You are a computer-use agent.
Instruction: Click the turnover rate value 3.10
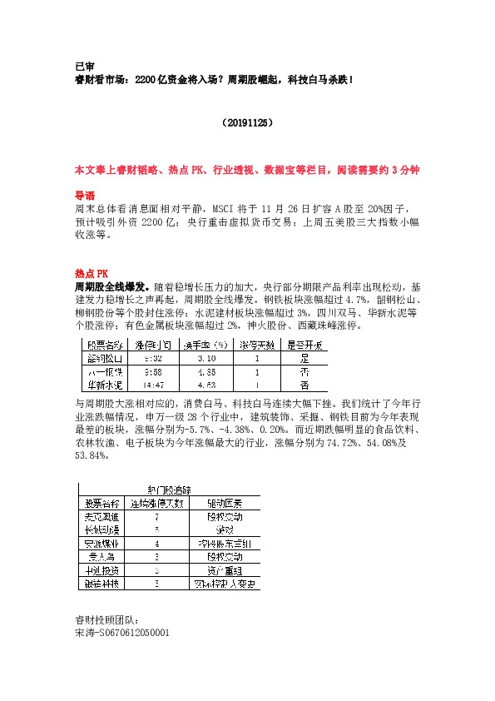(x=206, y=358)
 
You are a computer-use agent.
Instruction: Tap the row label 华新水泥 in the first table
(x=106, y=385)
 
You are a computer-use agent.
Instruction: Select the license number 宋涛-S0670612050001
(x=122, y=633)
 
